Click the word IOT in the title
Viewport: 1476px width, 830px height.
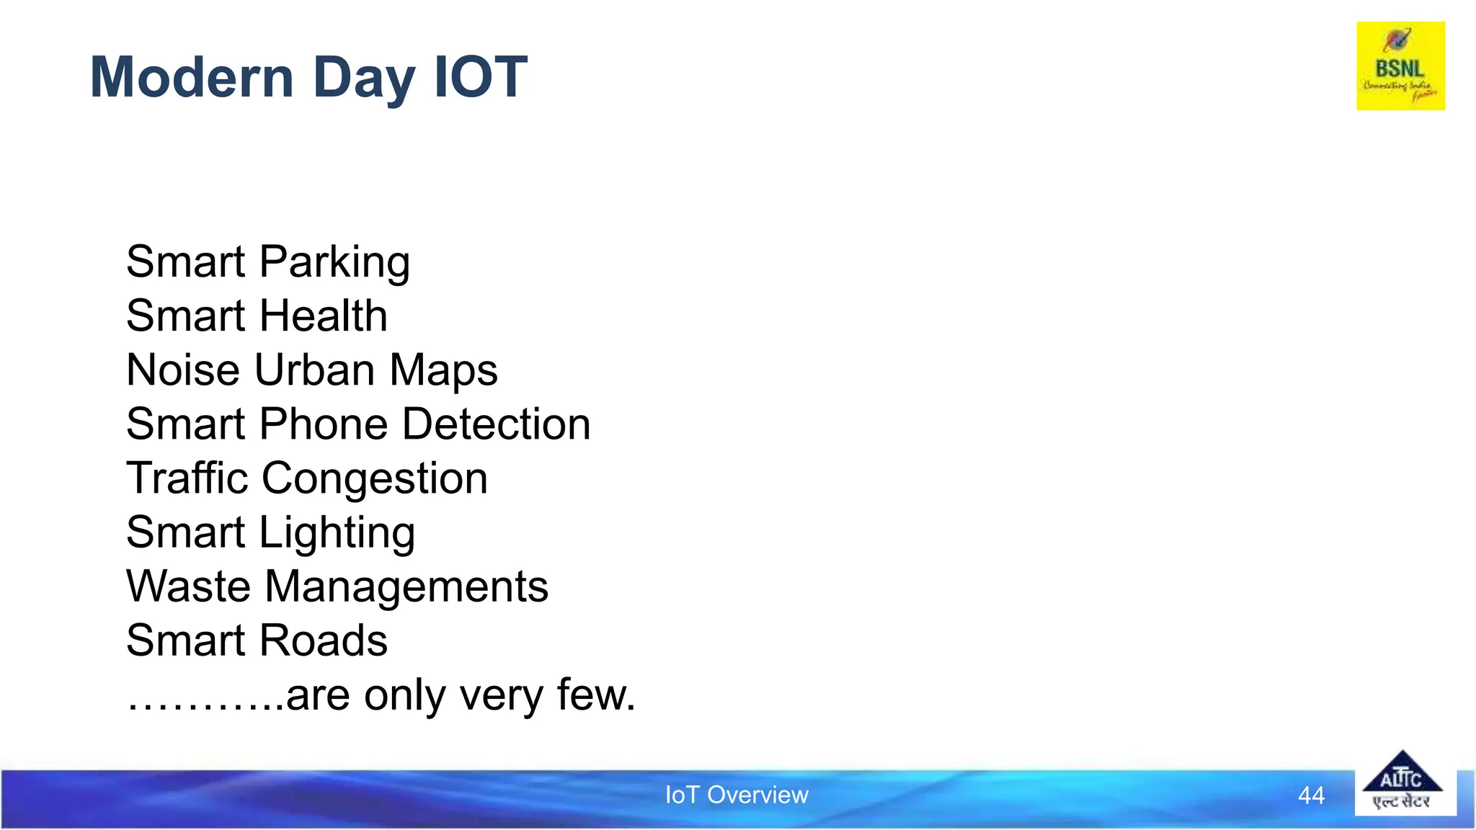tap(481, 77)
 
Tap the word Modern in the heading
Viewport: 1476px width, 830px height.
tap(192, 77)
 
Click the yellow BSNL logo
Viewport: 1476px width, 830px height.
tap(1400, 66)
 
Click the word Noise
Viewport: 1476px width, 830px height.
tap(183, 370)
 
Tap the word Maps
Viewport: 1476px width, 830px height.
tap(443, 371)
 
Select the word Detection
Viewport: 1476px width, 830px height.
tap(497, 424)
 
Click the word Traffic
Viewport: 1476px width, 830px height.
tap(187, 478)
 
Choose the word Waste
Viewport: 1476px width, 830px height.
tap(189, 586)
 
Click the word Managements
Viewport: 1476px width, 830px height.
tap(406, 587)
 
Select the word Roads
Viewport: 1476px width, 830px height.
tap(324, 640)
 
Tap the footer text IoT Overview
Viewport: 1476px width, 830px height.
tap(737, 795)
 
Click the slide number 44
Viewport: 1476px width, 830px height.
tap(1311, 795)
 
